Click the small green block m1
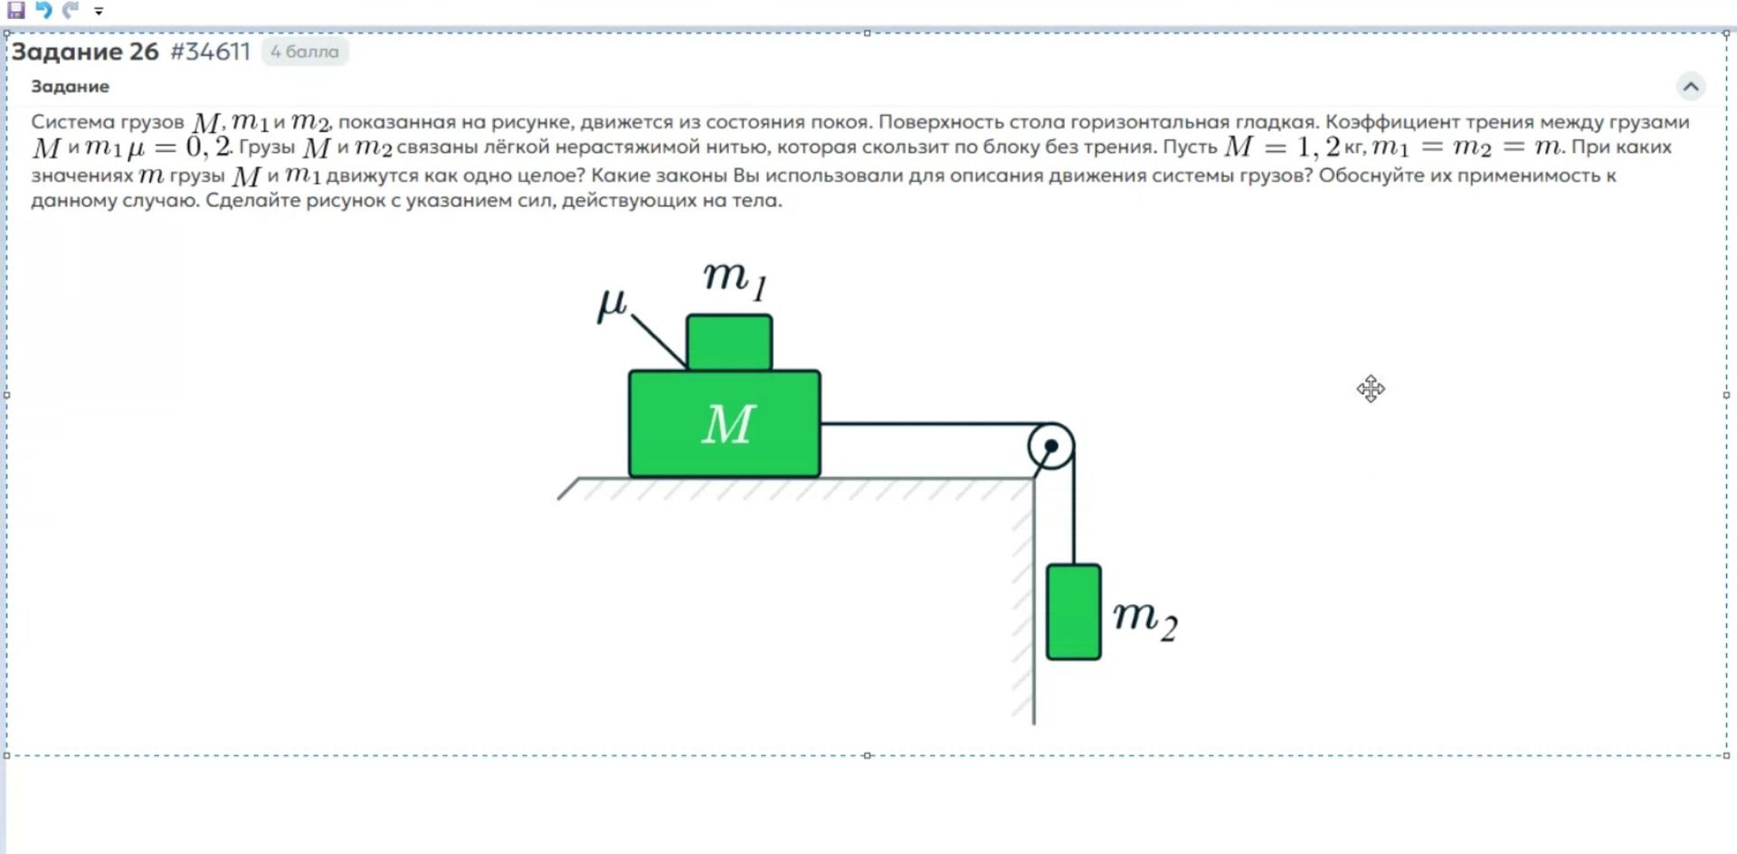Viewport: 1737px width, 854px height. tap(729, 342)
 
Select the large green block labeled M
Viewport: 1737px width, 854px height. tap(725, 423)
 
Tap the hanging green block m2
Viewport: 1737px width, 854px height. tap(1074, 612)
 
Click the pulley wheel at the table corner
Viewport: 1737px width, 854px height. tap(1051, 446)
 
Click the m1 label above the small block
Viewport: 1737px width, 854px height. tap(735, 279)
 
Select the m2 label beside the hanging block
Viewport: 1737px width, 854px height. tap(1145, 620)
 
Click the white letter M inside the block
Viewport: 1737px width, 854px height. tap(728, 423)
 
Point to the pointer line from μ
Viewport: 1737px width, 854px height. tap(658, 341)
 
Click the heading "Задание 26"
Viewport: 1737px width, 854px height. tap(85, 52)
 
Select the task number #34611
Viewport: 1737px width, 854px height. tap(210, 52)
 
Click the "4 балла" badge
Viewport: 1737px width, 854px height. tap(305, 52)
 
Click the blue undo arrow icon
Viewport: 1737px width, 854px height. tap(43, 10)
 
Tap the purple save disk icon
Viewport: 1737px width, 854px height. tap(16, 10)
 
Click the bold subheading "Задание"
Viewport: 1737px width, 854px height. tap(70, 87)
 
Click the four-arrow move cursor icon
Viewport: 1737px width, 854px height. tap(1371, 389)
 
